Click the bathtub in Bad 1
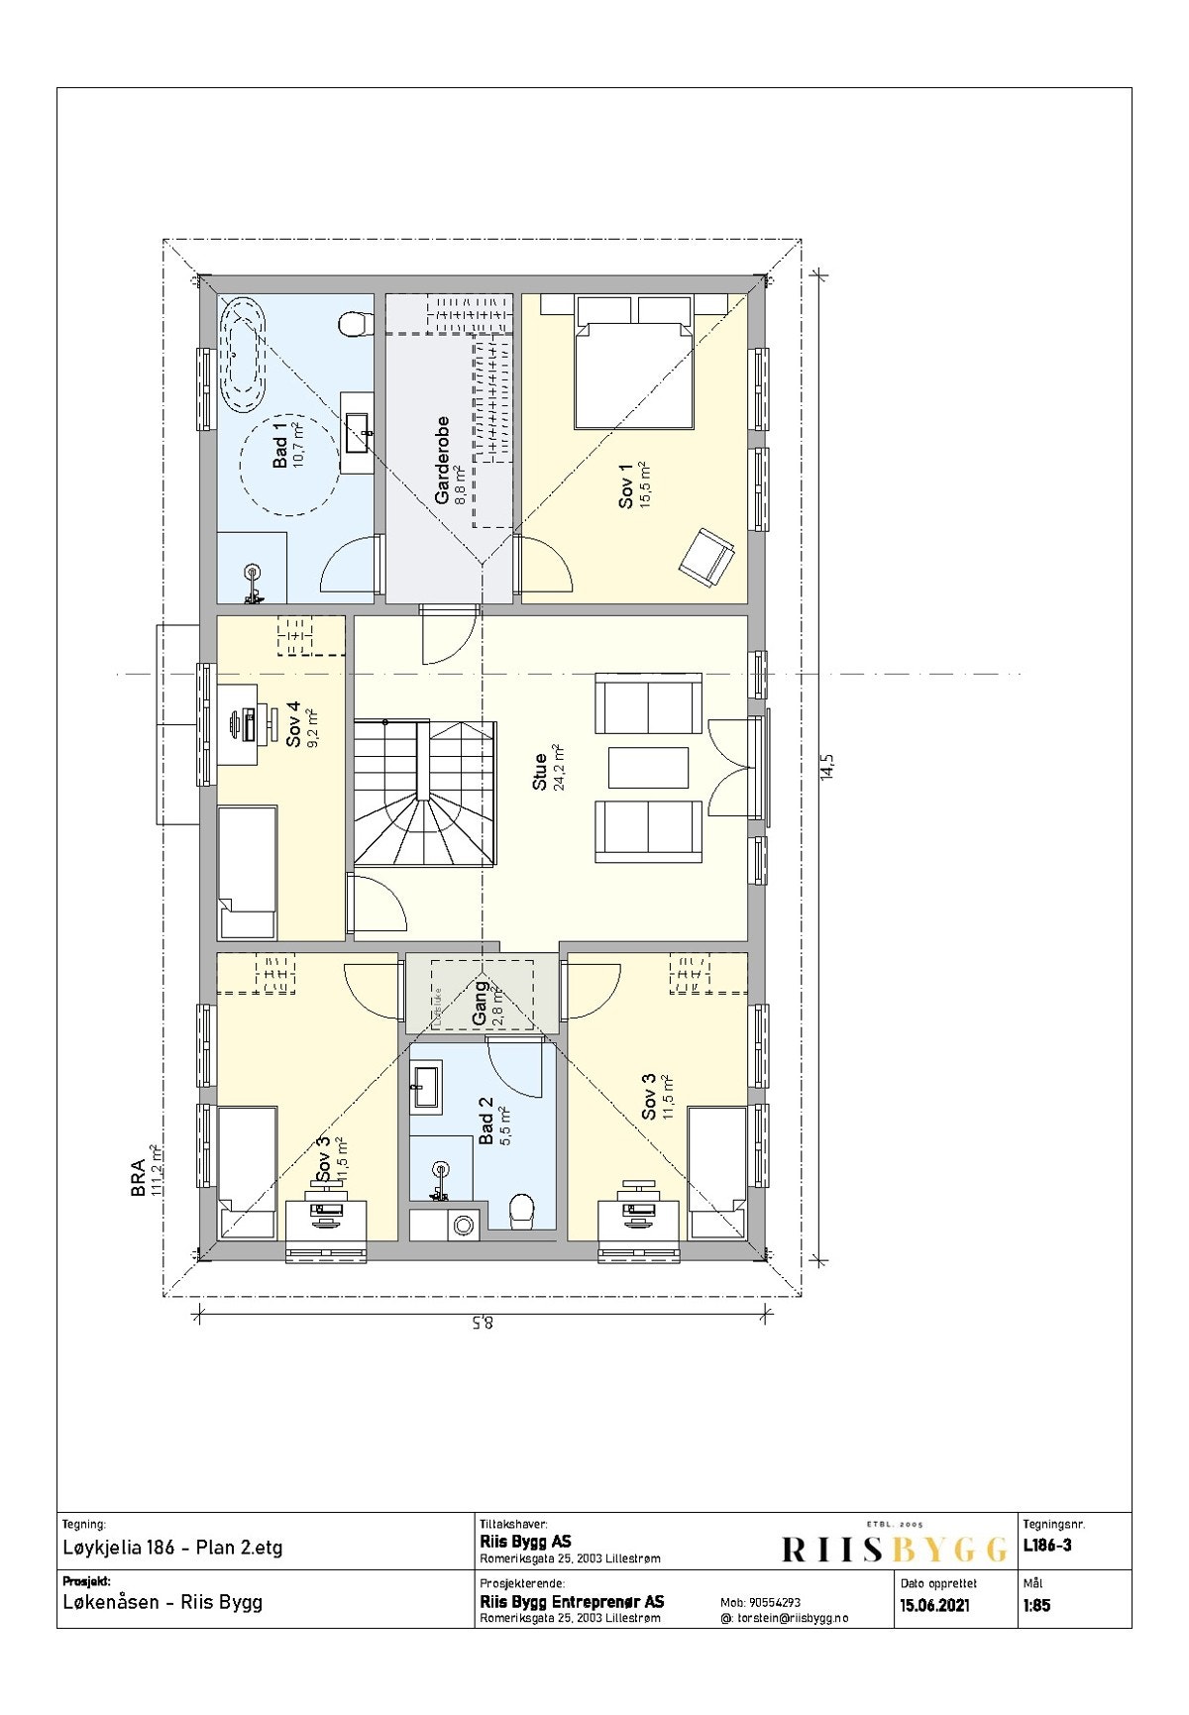[x=244, y=354]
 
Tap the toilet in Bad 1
[x=354, y=324]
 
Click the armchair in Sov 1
[x=707, y=556]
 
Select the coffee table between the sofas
[x=648, y=768]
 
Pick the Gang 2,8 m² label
[x=486, y=1005]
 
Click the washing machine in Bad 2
[x=463, y=1225]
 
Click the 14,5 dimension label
[x=828, y=766]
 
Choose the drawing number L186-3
[x=1046, y=1546]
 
